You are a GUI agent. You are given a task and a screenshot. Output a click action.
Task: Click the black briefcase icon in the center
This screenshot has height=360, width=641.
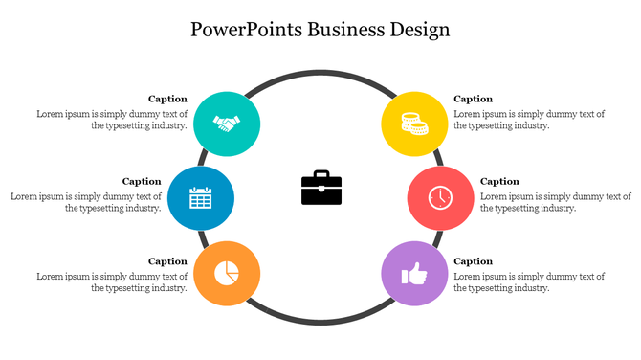pyautogui.click(x=321, y=188)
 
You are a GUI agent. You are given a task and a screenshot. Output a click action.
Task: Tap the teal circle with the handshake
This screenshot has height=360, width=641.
pyautogui.click(x=227, y=124)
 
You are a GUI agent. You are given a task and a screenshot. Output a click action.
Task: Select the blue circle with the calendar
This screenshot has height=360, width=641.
pyautogui.click(x=200, y=198)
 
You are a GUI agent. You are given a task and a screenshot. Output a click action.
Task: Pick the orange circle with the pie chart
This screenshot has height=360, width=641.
pyautogui.click(x=227, y=273)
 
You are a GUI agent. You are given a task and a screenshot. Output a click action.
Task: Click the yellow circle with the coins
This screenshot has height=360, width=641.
pyautogui.click(x=414, y=124)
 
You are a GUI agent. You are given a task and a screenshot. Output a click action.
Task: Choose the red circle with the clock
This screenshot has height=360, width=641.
pyautogui.click(x=440, y=198)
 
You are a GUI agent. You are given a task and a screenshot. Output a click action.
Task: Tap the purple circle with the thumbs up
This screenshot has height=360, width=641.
pyautogui.click(x=414, y=275)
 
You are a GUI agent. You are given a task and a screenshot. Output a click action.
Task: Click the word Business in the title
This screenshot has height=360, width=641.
pyautogui.click(x=347, y=29)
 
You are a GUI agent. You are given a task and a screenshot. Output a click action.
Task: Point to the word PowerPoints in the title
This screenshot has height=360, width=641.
pyautogui.click(x=245, y=29)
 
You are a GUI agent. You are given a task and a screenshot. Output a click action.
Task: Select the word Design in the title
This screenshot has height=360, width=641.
pyautogui.click(x=419, y=29)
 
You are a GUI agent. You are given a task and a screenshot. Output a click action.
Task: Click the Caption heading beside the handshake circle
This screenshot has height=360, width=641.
pyautogui.click(x=167, y=99)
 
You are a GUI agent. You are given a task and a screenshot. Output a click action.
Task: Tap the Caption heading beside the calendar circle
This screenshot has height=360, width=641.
pyautogui.click(x=142, y=181)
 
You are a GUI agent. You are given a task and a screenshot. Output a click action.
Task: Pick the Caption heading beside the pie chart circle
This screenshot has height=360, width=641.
pyautogui.click(x=167, y=261)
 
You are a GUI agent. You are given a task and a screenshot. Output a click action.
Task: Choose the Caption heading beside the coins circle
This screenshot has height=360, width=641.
pyautogui.click(x=473, y=99)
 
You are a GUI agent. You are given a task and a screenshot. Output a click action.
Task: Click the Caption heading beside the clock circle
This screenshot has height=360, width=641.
pyautogui.click(x=499, y=181)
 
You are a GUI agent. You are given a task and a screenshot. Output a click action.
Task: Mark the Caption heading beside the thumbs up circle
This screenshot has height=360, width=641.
pyautogui.click(x=473, y=261)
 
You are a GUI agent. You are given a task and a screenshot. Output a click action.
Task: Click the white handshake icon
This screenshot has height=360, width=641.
pyautogui.click(x=227, y=124)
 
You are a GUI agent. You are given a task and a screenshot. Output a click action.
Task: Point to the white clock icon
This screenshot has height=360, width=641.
pyautogui.click(x=440, y=198)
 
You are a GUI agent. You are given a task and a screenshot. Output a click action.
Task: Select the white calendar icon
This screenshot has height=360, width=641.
pyautogui.click(x=200, y=198)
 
